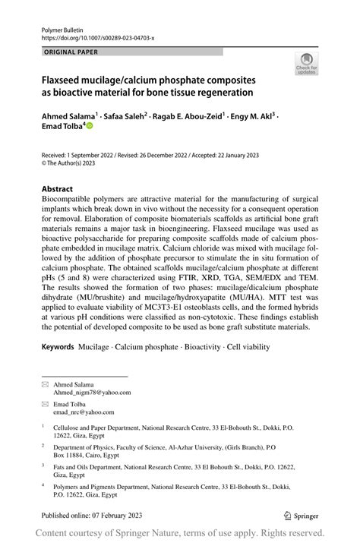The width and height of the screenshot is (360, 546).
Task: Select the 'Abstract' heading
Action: pos(58,188)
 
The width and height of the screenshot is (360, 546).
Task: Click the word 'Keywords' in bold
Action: pos(58,368)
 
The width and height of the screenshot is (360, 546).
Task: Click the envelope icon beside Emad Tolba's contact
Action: pos(44,406)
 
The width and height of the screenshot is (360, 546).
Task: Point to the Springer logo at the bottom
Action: pos(302,514)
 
